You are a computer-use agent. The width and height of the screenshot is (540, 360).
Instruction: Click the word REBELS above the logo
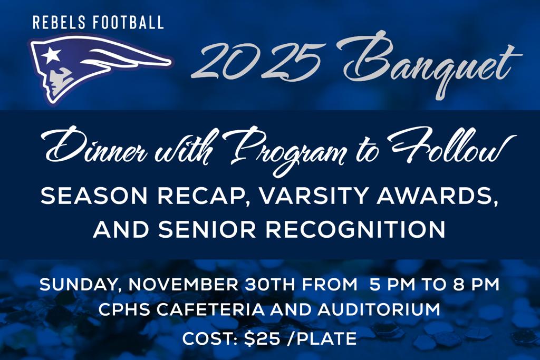59,22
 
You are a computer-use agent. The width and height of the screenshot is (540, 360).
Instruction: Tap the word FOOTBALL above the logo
129,22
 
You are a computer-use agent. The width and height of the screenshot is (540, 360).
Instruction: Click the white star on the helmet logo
51,55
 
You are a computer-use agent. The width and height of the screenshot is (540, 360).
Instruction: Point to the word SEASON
94,196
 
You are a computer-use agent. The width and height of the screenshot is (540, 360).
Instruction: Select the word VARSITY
313,196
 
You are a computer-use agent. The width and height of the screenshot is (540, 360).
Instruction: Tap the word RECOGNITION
355,230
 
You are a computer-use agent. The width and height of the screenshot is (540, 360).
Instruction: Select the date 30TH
270,285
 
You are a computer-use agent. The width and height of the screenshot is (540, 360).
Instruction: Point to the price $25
262,339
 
